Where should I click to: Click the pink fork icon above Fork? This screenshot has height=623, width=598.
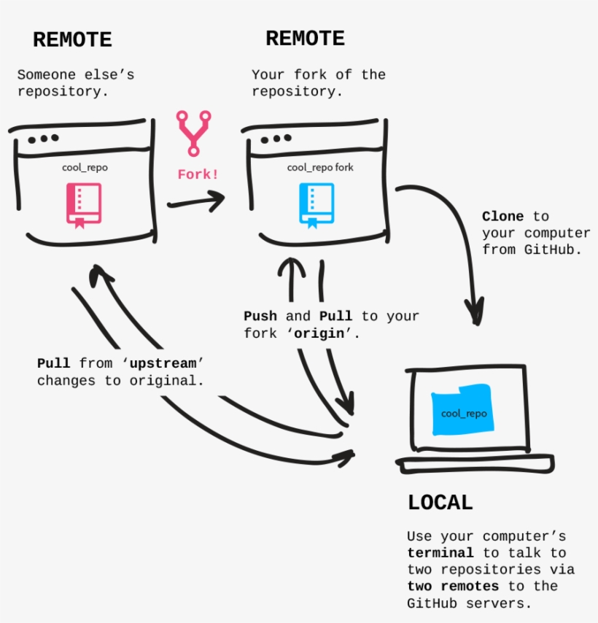pyautogui.click(x=195, y=133)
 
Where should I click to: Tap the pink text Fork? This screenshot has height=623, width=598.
pyautogui.click(x=198, y=175)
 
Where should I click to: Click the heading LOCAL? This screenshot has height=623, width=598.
pyautogui.click(x=440, y=503)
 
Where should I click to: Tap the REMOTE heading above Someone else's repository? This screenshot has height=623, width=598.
pyautogui.click(x=72, y=40)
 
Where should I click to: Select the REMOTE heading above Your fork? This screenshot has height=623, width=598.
pyautogui.click(x=305, y=39)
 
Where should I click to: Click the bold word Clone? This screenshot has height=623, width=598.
pyautogui.click(x=502, y=217)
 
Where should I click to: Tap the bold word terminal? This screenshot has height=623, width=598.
pyautogui.click(x=440, y=553)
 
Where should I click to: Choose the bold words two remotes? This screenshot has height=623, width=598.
pyautogui.click(x=453, y=587)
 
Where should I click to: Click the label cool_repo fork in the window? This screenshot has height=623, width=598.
pyautogui.click(x=320, y=168)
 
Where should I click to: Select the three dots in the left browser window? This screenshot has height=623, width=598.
pyautogui.click(x=44, y=138)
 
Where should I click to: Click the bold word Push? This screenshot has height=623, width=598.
pyautogui.click(x=260, y=316)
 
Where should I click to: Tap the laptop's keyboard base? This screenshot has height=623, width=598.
pyautogui.click(x=475, y=465)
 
